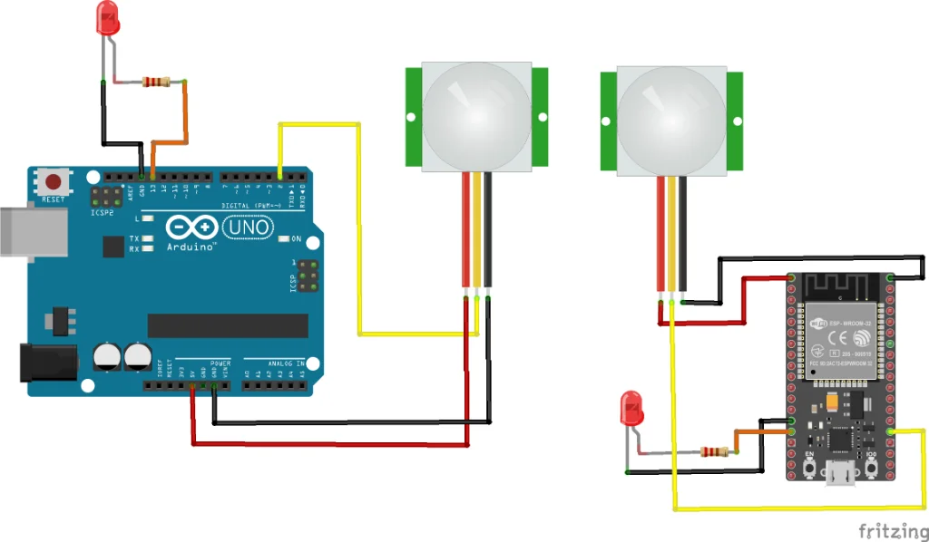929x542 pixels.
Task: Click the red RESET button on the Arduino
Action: (54, 182)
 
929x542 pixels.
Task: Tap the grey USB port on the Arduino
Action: (33, 231)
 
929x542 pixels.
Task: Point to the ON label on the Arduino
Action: (296, 239)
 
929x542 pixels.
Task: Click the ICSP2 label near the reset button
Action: (103, 214)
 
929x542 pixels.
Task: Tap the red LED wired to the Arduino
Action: (108, 19)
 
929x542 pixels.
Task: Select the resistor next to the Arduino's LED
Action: (156, 82)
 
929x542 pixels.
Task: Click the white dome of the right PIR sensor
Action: (672, 114)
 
